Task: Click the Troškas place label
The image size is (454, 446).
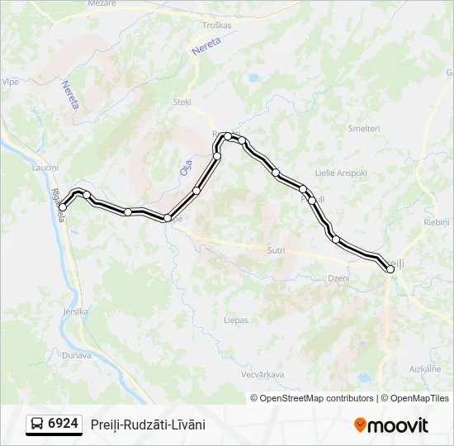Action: pyautogui.click(x=217, y=26)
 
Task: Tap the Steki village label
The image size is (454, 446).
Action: pyautogui.click(x=182, y=102)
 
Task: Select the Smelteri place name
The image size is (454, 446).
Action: pyautogui.click(x=363, y=129)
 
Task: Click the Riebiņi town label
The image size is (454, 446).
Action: pyautogui.click(x=435, y=223)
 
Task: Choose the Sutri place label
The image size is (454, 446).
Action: pyautogui.click(x=277, y=249)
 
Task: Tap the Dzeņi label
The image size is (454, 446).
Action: pyautogui.click(x=338, y=278)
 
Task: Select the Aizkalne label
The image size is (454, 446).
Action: pyautogui.click(x=425, y=368)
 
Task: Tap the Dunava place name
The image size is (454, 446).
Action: pyautogui.click(x=76, y=355)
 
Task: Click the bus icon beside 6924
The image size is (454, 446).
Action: pyautogui.click(x=37, y=425)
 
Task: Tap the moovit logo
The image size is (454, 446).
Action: pyautogui.click(x=391, y=425)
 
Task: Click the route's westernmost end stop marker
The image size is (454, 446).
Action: pyautogui.click(x=63, y=207)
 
